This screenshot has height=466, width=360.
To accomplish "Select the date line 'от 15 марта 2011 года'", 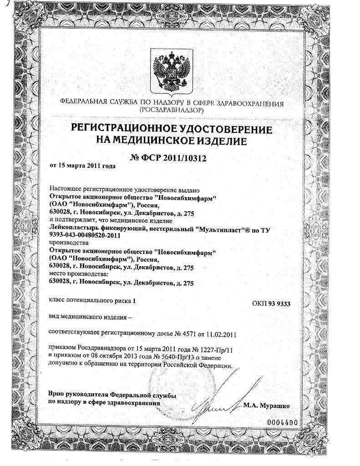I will (x=82, y=166).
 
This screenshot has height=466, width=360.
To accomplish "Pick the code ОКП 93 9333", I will (x=271, y=304).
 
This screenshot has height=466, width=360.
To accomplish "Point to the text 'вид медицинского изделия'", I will (x=87, y=317).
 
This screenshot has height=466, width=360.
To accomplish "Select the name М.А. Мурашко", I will (x=266, y=405).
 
